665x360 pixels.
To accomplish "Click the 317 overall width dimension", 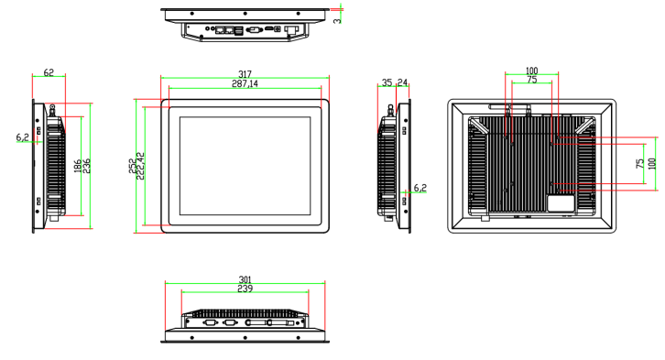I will coord(245,74).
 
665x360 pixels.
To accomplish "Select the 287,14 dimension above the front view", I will coord(245,84).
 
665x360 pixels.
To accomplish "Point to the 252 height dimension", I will coord(133,166).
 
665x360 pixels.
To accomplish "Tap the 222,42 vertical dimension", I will coord(141,166).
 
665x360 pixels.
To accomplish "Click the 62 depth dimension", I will coord(49,71).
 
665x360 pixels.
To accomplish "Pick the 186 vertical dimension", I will coord(77,167).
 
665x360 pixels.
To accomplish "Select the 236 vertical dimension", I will coord(87,167).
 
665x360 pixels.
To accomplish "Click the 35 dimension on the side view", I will coord(387,82).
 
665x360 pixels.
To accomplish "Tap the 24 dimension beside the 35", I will coord(402,82).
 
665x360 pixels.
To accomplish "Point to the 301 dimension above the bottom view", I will coord(245,279).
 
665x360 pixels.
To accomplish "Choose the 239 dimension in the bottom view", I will coord(245,289).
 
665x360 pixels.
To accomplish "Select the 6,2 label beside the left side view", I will coord(22,137).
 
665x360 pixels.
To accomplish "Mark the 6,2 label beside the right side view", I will coord(420,188).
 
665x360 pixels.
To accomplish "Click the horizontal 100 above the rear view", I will coord(531,71).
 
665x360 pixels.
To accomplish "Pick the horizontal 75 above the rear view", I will coord(531,81).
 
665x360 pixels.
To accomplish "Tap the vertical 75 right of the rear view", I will coord(639,163).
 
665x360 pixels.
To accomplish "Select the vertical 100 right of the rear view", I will coord(651,163).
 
